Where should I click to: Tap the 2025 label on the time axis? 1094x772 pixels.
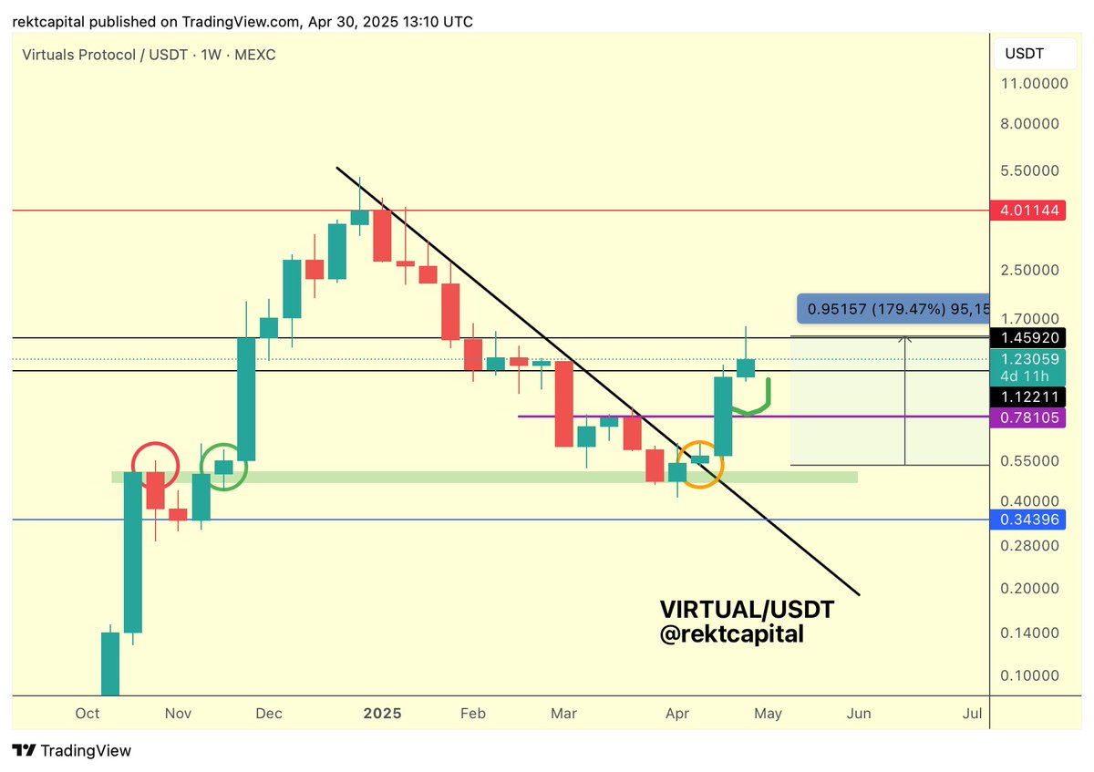(x=383, y=714)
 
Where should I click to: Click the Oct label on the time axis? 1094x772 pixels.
(x=88, y=714)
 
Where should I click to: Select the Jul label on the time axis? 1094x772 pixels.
(x=972, y=714)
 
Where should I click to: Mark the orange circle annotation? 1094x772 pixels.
(x=700, y=465)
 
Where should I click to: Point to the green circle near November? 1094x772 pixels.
(x=223, y=466)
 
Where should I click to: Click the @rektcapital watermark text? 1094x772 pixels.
(x=731, y=634)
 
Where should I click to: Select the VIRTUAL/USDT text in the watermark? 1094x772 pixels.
(x=747, y=609)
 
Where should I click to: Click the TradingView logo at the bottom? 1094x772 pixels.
(x=72, y=751)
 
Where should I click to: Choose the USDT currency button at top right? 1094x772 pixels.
(x=1024, y=54)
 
